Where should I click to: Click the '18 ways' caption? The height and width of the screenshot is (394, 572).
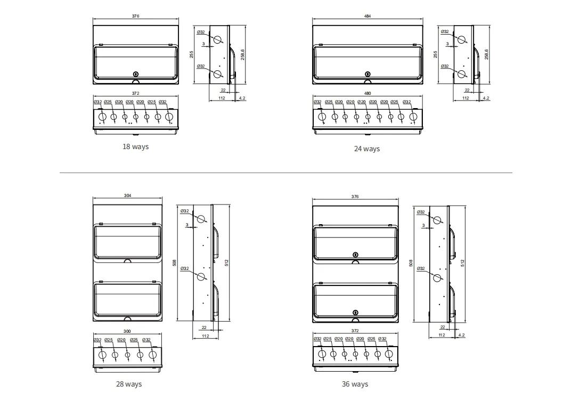point(135,146)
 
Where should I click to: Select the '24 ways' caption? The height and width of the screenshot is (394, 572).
point(366,149)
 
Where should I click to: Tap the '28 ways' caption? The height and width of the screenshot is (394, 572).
point(129,384)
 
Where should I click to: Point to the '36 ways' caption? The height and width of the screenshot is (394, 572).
point(355,384)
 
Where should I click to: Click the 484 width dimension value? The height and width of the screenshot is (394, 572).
point(367,16)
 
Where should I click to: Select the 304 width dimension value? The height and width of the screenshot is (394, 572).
point(127,195)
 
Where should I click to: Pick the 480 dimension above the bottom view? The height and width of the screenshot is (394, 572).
point(367,93)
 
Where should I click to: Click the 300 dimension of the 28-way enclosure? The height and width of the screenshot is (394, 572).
point(127,331)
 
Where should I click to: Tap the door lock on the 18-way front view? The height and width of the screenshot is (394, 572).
point(136,73)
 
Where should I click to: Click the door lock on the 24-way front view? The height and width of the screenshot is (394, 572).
point(367,73)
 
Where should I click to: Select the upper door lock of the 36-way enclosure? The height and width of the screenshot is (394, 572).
point(355,255)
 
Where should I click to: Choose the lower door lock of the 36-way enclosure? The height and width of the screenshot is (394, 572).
point(355,313)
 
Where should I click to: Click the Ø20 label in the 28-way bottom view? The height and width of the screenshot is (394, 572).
point(121,340)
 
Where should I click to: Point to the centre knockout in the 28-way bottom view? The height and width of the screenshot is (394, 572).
point(127,355)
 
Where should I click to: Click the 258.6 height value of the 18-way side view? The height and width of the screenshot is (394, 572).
point(242,54)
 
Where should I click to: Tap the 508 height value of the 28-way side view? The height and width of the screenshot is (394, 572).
point(174,262)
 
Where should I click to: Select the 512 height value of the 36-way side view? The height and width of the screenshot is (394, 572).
point(463,262)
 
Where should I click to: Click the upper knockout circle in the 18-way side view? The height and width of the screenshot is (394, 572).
point(218,40)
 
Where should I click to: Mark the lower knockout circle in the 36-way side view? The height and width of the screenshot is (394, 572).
point(437,277)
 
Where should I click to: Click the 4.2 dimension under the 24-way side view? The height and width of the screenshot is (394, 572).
point(486,98)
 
